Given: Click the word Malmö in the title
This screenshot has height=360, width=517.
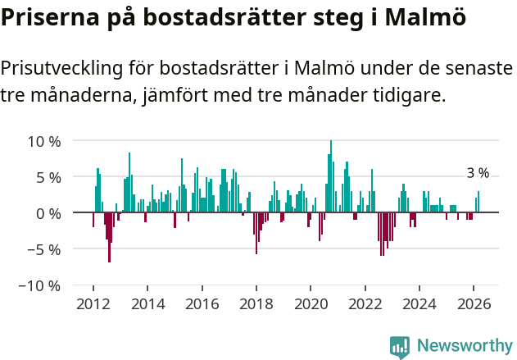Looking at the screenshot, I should click(424, 18).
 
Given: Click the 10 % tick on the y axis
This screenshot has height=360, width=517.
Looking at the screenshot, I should click(44, 141).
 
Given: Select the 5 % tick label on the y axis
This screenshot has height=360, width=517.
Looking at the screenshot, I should click(48, 177).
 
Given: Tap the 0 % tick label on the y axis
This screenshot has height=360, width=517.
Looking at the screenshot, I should click(48, 213).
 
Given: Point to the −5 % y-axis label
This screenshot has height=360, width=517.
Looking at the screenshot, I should click(43, 249).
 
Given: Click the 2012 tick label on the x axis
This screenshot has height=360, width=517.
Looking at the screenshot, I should click(93, 304).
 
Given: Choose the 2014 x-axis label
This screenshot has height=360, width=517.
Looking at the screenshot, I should click(147, 304).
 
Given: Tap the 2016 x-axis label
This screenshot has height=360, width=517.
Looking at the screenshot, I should click(202, 304).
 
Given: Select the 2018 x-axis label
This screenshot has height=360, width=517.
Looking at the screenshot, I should click(256, 304).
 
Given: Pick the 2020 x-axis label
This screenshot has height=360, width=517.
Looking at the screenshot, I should click(311, 304).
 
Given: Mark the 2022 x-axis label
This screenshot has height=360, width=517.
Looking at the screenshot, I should click(365, 304).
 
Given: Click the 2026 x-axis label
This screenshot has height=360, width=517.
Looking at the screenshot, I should click(474, 304).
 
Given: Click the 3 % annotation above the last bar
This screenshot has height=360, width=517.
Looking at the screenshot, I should click(478, 173).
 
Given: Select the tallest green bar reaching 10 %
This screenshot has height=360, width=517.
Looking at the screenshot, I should click(331, 176).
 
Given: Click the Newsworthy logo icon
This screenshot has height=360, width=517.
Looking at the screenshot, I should click(400, 346).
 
